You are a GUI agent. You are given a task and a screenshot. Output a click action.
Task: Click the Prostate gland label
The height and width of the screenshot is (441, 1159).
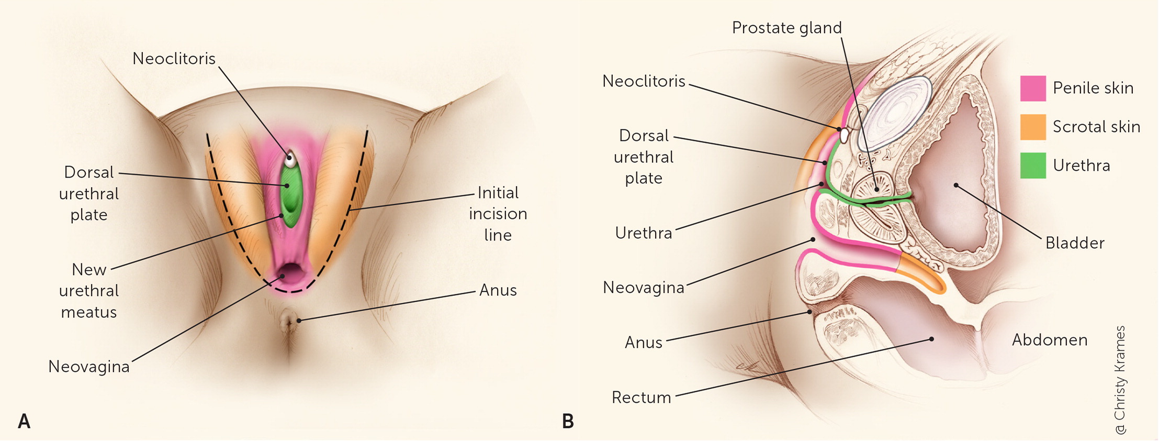tap(786, 28)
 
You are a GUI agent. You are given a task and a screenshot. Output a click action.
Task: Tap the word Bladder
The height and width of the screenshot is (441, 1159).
tap(1075, 243)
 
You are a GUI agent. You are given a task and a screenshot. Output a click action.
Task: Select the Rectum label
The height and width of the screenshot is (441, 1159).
tap(641, 398)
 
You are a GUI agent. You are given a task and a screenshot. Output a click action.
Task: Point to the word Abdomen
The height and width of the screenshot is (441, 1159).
tap(1050, 340)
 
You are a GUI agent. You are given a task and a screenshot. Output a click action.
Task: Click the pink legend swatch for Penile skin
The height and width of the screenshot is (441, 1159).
tap(1033, 88)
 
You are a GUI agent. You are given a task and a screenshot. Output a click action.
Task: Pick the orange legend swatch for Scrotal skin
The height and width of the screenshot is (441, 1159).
tap(1033, 127)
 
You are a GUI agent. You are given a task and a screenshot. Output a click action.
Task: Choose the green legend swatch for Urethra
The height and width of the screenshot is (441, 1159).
tap(1033, 166)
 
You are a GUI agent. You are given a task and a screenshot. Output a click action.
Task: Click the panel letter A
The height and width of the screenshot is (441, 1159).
tap(24, 421)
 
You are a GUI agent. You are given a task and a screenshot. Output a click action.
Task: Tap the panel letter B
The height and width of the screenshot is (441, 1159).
tap(568, 421)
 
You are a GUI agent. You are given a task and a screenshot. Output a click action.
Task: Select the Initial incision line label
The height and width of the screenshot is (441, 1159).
tap(498, 214)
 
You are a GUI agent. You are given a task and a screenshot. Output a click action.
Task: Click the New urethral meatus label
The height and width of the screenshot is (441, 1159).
tap(89, 291)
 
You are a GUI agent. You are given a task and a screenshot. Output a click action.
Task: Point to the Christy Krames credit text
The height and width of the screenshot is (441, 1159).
tap(1120, 380)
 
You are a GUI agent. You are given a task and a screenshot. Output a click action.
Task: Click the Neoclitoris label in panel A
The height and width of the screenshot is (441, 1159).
tap(174, 59)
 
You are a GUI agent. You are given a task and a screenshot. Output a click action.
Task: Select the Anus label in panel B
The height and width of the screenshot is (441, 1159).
tap(644, 343)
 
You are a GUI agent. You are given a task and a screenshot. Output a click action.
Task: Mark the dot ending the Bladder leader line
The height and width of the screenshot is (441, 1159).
tap(956, 185)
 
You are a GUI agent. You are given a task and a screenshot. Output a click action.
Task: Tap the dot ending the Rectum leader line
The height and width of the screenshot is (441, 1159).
tap(931, 339)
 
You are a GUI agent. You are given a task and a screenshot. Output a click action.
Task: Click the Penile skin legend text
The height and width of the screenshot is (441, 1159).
tap(1093, 88)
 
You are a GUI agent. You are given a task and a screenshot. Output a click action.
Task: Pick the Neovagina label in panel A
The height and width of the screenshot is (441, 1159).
tap(89, 367)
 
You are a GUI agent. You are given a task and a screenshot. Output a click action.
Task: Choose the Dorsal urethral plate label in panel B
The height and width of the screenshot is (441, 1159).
tap(644, 157)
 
